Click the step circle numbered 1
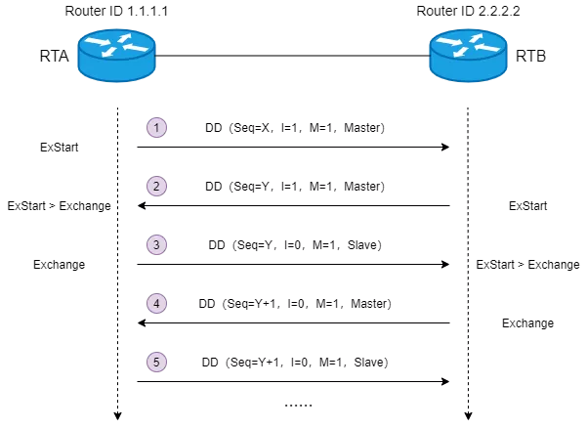tap(156, 127)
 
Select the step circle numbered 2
tap(156, 186)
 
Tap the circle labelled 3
tap(156, 244)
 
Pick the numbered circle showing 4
tap(156, 303)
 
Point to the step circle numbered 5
tap(156, 362)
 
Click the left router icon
tap(116, 55)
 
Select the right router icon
tap(468, 55)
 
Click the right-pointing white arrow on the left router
tap(98, 42)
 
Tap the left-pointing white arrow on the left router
tap(136, 48)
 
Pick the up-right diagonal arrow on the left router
tap(124, 38)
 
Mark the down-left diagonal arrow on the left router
tap(108, 52)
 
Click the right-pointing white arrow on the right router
tap(449, 42)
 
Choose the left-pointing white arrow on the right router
tap(487, 48)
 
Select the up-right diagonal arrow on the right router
tap(476, 38)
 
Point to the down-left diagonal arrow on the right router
tap(460, 52)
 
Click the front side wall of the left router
tap(116, 69)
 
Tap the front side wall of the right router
tap(468, 69)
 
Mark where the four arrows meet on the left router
tap(116, 45)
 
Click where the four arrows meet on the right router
tap(468, 45)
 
